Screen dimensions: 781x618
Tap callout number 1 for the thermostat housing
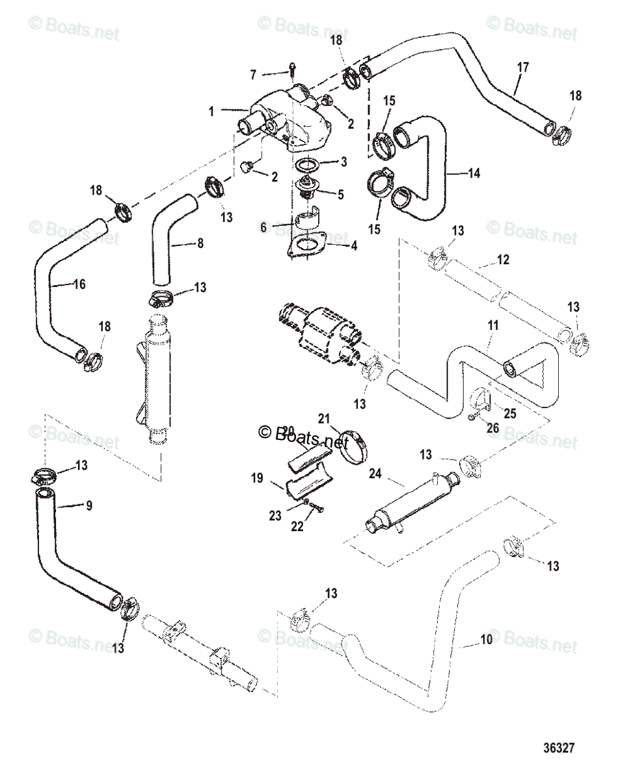pos(211,111)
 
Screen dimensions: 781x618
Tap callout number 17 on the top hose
pos(524,67)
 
